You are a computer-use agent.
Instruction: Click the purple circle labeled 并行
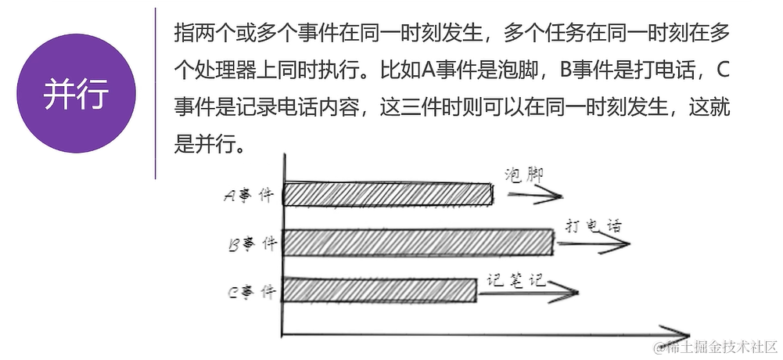click(x=77, y=94)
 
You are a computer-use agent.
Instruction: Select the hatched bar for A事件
click(x=387, y=194)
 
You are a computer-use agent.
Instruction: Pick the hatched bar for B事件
click(x=418, y=243)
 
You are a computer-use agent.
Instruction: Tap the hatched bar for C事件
click(x=379, y=290)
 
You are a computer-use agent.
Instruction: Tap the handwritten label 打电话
click(x=593, y=227)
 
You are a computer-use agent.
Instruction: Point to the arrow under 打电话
click(x=594, y=244)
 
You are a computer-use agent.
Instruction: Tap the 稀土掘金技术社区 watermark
click(x=716, y=346)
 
